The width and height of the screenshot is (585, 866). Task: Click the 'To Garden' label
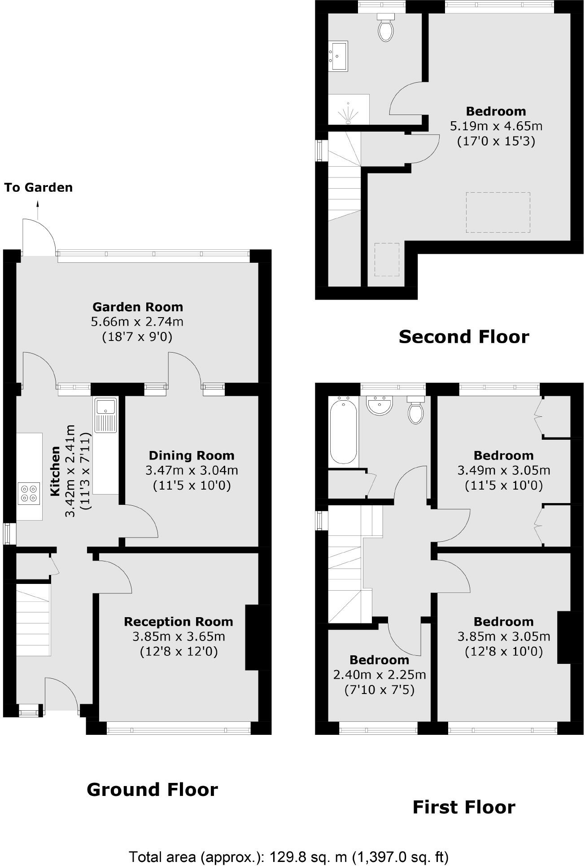click(x=39, y=187)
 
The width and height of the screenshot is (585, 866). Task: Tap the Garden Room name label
click(x=138, y=307)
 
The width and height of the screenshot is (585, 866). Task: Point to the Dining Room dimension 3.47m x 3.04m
click(x=192, y=471)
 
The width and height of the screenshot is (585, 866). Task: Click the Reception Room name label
click(x=179, y=622)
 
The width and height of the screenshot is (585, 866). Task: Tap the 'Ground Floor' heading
click(x=152, y=789)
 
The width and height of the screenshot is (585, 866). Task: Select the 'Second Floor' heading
click(x=464, y=336)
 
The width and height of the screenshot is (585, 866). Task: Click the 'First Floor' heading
click(x=464, y=807)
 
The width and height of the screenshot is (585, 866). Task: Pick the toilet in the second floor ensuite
click(x=386, y=28)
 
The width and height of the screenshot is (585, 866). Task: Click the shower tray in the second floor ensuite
click(x=349, y=109)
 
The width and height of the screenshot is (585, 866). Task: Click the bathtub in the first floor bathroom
click(x=344, y=429)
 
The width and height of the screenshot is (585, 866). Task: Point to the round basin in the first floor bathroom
click(x=380, y=405)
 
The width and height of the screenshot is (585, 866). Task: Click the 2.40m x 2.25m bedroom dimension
click(x=380, y=675)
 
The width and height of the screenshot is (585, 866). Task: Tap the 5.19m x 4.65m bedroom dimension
click(x=496, y=126)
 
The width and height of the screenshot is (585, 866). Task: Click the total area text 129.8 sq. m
click(x=288, y=857)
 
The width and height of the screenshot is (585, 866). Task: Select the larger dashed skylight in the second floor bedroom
click(x=498, y=212)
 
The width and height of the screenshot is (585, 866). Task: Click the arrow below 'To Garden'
click(x=38, y=210)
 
